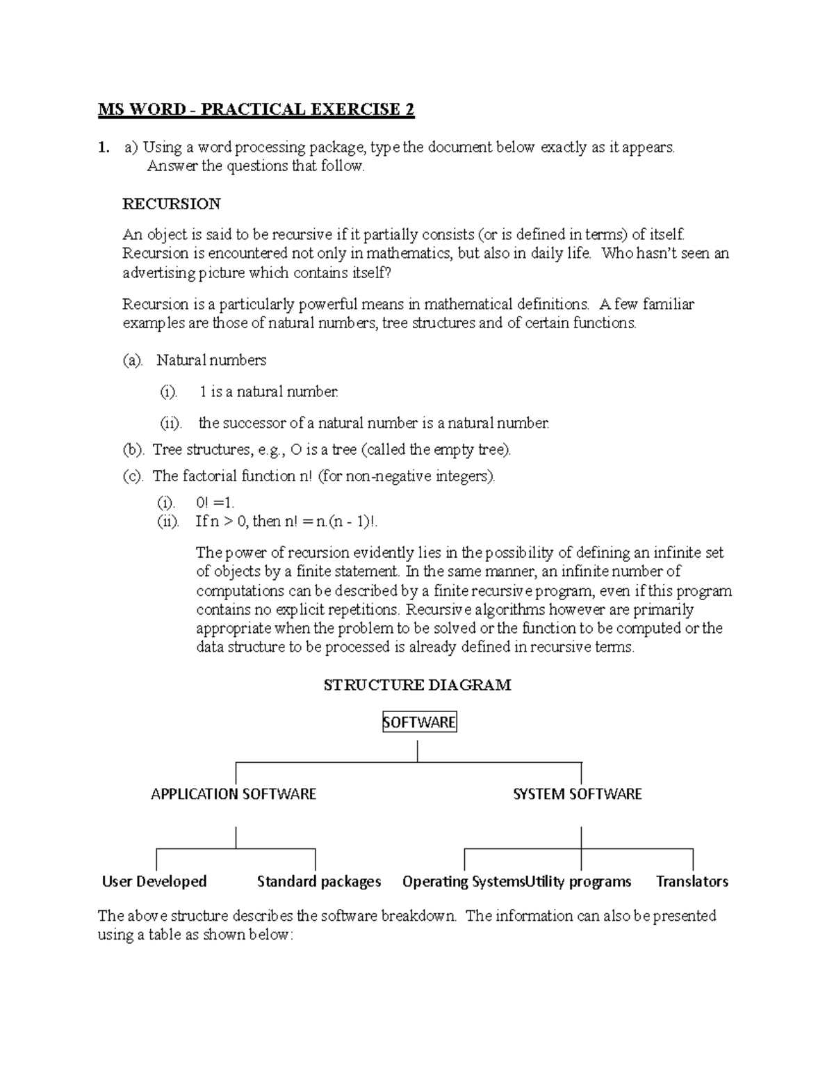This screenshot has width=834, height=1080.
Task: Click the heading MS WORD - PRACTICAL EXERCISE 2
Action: tap(256, 110)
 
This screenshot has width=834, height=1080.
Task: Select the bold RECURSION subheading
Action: tap(171, 204)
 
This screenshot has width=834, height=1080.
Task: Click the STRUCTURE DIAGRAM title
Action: tap(417, 685)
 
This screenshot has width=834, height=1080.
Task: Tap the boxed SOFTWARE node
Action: tap(419, 723)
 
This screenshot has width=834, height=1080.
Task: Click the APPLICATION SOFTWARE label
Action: tap(234, 794)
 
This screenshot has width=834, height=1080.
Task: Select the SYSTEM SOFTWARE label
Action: tap(577, 794)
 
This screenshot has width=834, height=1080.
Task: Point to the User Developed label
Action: tap(154, 882)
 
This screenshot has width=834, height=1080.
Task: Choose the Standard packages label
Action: tap(319, 882)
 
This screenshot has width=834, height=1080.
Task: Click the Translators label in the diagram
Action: tap(692, 882)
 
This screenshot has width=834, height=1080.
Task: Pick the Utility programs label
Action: tap(578, 882)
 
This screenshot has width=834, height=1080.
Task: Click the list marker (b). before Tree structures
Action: tap(133, 450)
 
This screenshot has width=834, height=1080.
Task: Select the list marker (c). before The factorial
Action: tap(133, 476)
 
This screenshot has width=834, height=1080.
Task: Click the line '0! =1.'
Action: tap(216, 502)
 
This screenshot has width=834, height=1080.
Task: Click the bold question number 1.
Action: tap(104, 147)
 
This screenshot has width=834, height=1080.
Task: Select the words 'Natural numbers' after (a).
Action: tap(211, 360)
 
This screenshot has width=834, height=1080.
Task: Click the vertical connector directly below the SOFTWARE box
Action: tap(418, 751)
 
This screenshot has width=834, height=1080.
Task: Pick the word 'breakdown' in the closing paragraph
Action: tap(421, 916)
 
